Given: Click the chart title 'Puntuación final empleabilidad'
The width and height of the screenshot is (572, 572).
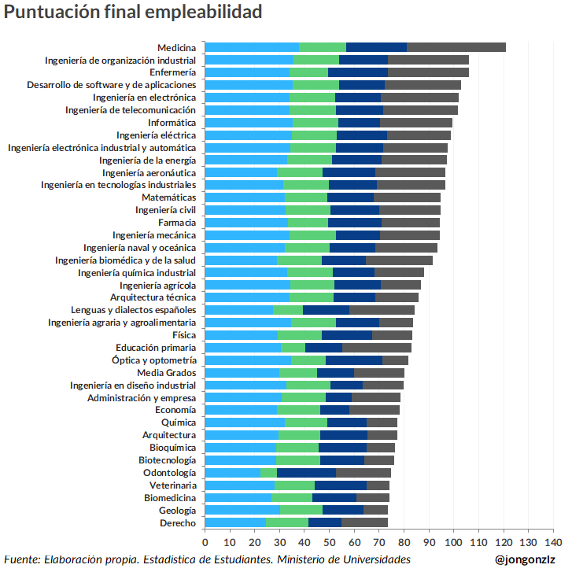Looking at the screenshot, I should [133, 13].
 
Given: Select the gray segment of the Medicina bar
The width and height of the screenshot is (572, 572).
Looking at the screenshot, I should [456, 47].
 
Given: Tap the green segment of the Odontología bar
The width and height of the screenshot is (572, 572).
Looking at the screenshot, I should [268, 473].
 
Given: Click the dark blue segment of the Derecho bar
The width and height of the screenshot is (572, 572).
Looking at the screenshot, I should [325, 523].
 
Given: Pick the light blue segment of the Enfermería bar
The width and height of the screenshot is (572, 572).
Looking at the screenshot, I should [247, 72].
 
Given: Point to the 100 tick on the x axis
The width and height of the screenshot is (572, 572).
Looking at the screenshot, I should [454, 542].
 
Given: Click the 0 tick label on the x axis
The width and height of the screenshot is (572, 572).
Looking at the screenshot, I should [205, 542].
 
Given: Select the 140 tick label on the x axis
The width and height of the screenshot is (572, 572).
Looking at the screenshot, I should [553, 542].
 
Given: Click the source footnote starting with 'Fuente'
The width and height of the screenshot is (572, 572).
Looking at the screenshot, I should [207, 559].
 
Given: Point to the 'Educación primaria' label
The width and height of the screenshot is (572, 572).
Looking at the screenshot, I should [156, 347].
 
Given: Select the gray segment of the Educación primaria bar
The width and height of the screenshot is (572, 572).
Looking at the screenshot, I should [377, 347].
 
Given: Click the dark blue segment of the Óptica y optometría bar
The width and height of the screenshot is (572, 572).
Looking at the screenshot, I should [354, 360].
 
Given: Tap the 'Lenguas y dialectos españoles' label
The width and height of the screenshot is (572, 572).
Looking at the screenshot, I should [133, 310].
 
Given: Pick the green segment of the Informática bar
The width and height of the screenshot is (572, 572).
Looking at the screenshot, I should [316, 123].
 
